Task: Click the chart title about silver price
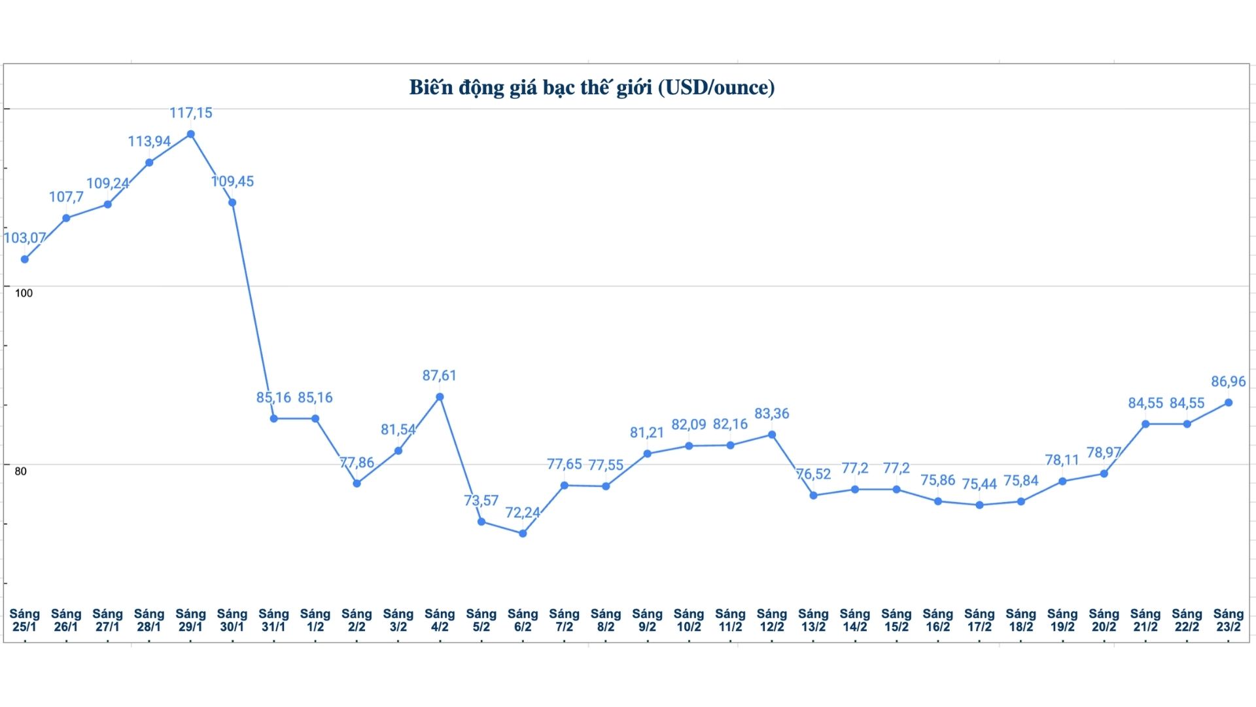click(x=591, y=88)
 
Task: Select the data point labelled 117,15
click(x=191, y=134)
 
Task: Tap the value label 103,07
click(x=25, y=238)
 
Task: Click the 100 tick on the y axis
click(x=24, y=293)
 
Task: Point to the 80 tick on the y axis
click(x=21, y=471)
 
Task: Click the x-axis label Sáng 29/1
click(x=191, y=620)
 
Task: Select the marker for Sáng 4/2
click(x=440, y=397)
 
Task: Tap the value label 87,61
click(x=439, y=376)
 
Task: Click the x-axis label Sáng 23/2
click(x=1228, y=620)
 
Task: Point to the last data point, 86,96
click(x=1229, y=403)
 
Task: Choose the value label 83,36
click(x=772, y=414)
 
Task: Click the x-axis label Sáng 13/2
click(x=813, y=620)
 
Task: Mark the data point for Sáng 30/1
click(x=232, y=203)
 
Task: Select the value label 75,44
click(x=979, y=484)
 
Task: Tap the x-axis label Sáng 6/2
click(x=523, y=620)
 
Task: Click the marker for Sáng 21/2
click(x=1145, y=424)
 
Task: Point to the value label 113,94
click(x=149, y=141)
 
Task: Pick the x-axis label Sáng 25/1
click(x=25, y=620)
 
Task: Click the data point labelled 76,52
click(x=813, y=496)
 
